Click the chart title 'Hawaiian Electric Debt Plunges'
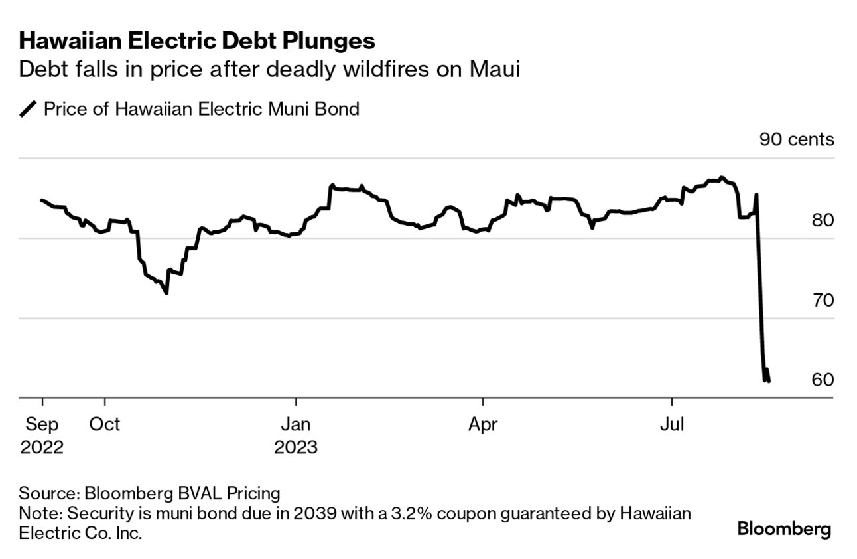click(x=197, y=41)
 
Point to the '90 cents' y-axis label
click(x=796, y=139)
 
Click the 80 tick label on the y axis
click(x=822, y=220)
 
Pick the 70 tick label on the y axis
click(x=822, y=300)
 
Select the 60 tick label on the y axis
click(x=822, y=380)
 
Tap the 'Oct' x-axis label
click(x=104, y=424)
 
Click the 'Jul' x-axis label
click(x=671, y=424)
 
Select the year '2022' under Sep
click(x=42, y=447)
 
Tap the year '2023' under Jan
click(x=296, y=447)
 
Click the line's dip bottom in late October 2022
click(x=166, y=293)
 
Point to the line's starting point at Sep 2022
click(x=42, y=200)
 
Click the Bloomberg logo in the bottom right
click(x=784, y=530)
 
